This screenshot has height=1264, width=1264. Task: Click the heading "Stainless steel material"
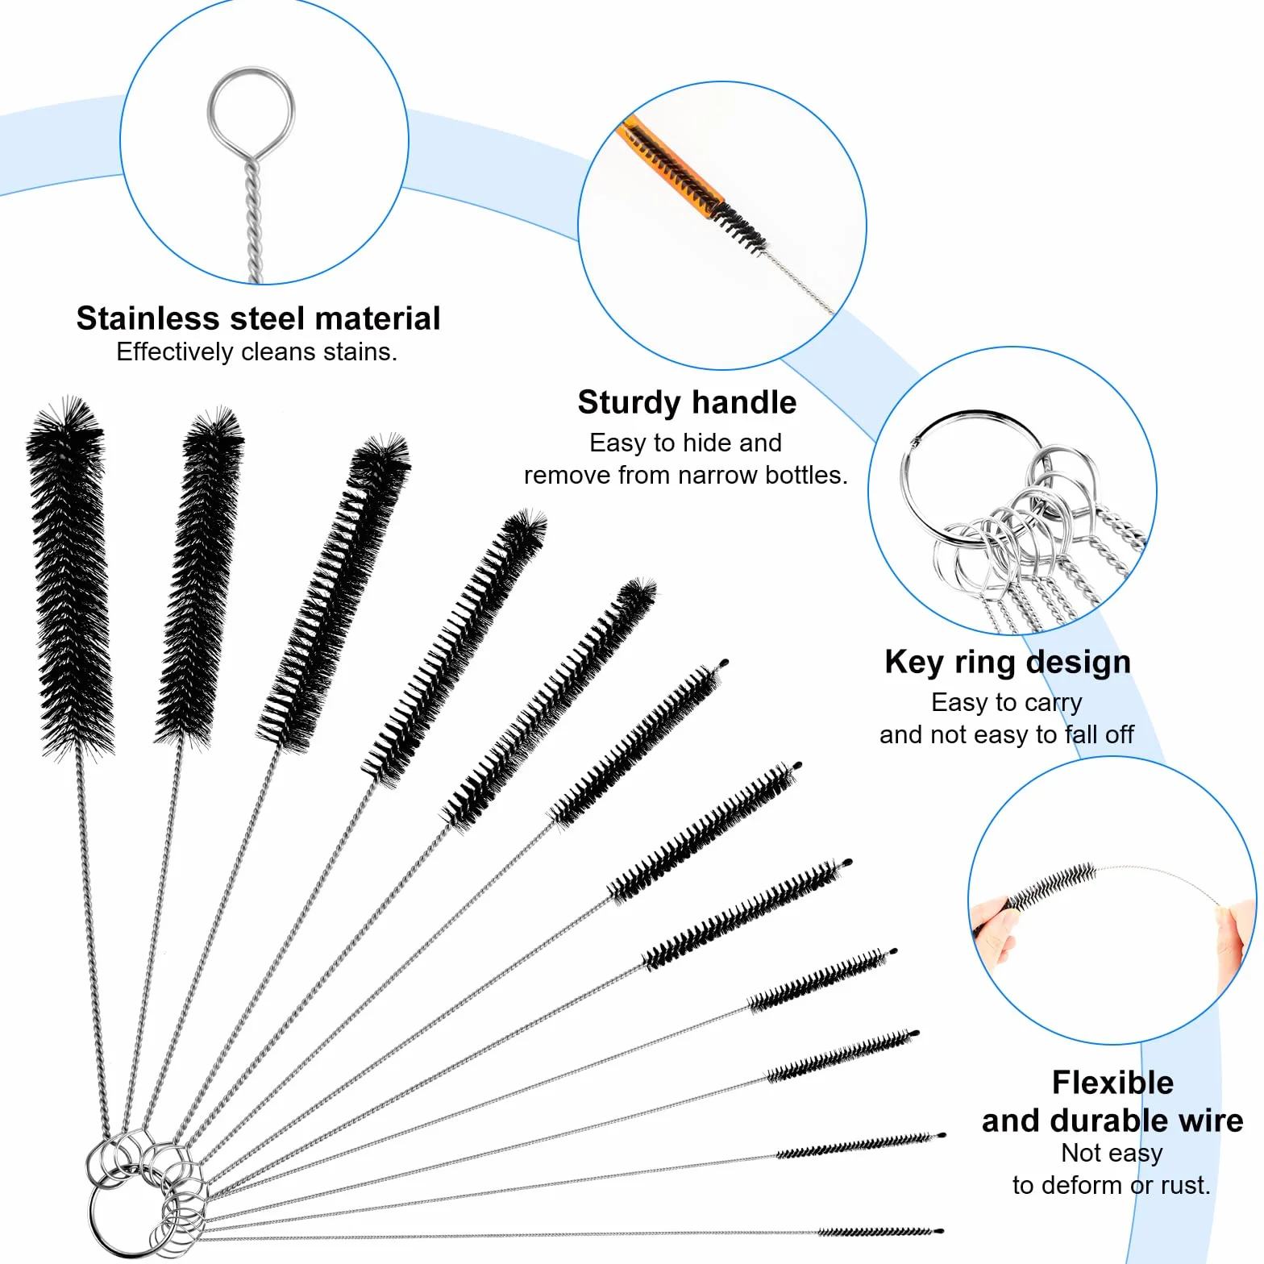[258, 318]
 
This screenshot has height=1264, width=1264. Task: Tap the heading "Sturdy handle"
[687, 402]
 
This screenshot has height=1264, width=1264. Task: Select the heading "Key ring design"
[1008, 663]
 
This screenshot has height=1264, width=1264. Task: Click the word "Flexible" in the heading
[1112, 1082]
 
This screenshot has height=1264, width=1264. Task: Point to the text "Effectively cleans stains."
[257, 352]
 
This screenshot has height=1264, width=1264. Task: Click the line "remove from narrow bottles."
[686, 475]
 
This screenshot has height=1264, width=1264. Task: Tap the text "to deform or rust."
[1112, 1185]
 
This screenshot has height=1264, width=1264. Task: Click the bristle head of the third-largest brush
[333, 593]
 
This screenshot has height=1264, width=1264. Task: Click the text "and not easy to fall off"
[1007, 734]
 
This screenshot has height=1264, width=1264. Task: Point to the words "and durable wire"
[1112, 1121]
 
